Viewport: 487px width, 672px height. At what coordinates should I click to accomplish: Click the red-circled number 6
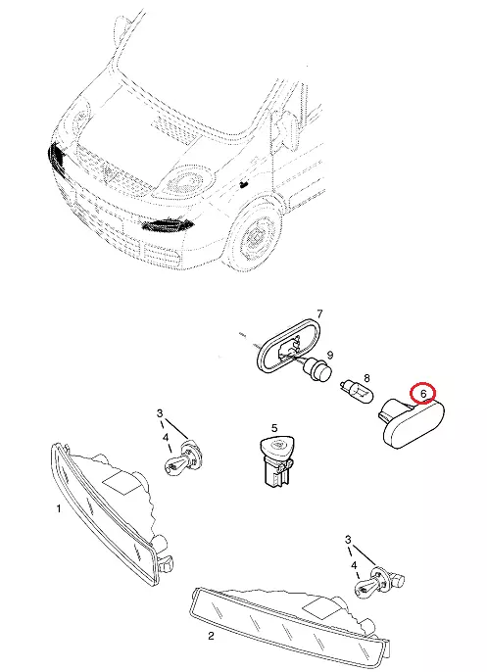(x=423, y=393)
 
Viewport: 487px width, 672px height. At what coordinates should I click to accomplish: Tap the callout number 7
(x=319, y=314)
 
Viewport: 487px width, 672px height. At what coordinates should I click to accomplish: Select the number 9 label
(x=329, y=355)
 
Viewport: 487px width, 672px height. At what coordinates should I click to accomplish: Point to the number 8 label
(x=366, y=378)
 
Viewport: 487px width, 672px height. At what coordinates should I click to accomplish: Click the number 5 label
(x=274, y=427)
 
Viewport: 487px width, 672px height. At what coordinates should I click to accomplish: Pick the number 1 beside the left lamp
(x=59, y=508)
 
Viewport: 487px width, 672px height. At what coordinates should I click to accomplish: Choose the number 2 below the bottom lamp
(x=211, y=636)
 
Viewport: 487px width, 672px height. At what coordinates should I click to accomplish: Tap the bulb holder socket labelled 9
(x=318, y=369)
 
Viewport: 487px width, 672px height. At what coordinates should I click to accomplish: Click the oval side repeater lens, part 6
(x=412, y=422)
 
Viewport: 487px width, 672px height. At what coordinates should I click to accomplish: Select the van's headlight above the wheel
(x=185, y=179)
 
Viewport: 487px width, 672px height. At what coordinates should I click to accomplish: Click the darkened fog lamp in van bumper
(x=167, y=224)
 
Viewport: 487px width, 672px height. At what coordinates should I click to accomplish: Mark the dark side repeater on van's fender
(x=244, y=184)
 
